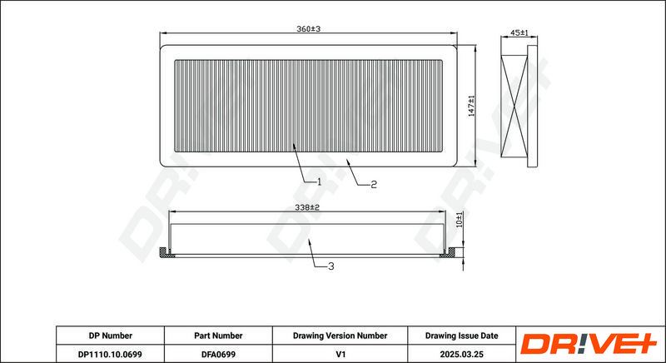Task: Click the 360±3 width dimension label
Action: (308, 29)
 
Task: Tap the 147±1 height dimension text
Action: (471, 106)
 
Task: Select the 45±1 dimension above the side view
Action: (519, 32)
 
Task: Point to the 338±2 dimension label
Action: (307, 207)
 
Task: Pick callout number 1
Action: (319, 181)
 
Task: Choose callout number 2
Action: (373, 184)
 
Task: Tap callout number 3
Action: (331, 266)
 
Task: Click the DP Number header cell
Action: (111, 336)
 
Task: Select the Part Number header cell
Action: (218, 336)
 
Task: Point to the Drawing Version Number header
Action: (340, 336)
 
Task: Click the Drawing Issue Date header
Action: (462, 336)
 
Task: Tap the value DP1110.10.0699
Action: (111, 354)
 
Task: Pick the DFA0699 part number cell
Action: (218, 354)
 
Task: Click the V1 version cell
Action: (340, 354)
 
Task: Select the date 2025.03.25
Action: (462, 354)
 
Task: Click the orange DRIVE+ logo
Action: (589, 344)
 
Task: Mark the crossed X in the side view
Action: (514, 106)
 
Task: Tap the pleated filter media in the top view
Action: (309, 106)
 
